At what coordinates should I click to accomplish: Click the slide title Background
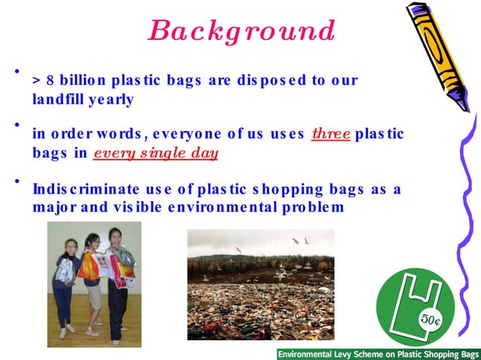tap(241, 31)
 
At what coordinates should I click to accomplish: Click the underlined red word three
tap(331, 134)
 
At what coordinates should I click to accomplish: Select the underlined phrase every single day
tap(155, 154)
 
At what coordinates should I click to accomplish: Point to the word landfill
tap(60, 99)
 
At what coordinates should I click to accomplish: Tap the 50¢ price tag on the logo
tap(431, 319)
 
